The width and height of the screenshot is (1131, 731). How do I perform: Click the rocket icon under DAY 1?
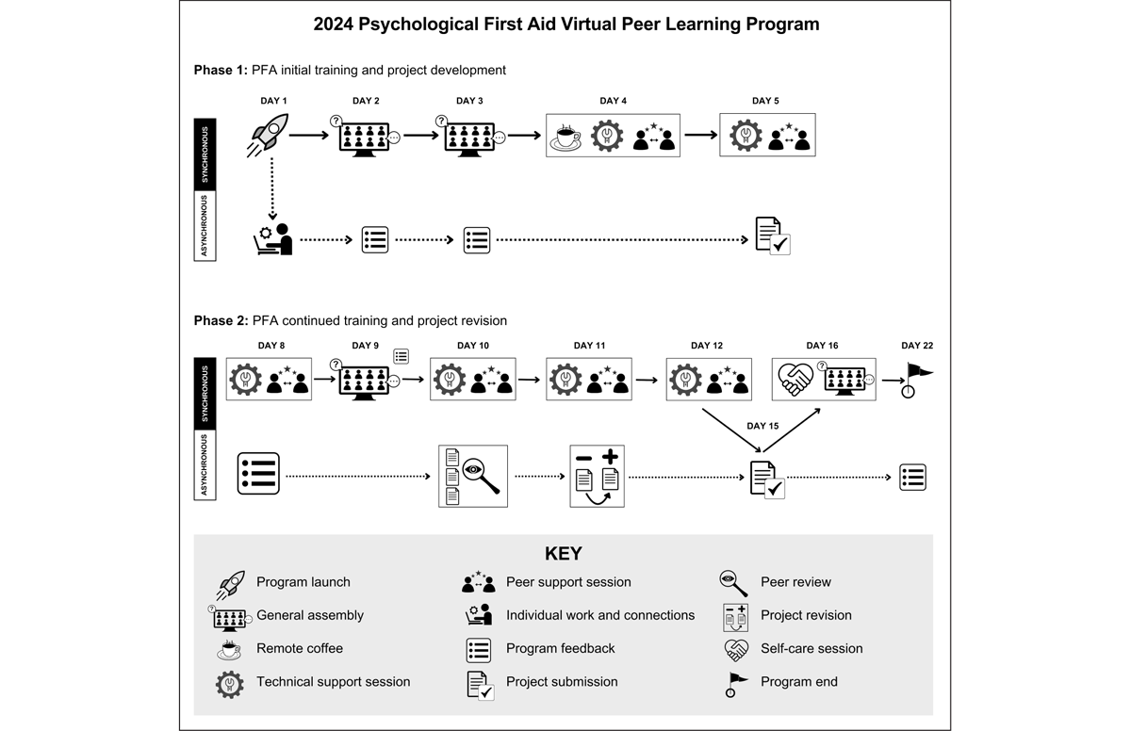(x=269, y=135)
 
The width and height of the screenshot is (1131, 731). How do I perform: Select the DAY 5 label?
(x=765, y=101)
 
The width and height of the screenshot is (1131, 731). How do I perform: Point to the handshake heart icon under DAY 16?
(x=795, y=379)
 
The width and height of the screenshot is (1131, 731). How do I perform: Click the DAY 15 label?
(x=762, y=426)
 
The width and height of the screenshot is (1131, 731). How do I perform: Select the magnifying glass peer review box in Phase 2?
(x=473, y=476)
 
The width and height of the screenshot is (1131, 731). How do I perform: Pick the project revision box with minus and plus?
(x=597, y=476)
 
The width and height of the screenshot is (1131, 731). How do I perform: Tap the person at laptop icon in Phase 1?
(x=274, y=239)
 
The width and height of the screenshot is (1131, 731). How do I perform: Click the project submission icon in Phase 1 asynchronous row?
(x=772, y=236)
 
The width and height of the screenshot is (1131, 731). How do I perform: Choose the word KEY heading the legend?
(x=564, y=554)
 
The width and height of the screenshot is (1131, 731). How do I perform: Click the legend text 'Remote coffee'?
(x=300, y=648)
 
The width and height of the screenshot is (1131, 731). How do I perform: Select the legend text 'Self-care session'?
(x=811, y=648)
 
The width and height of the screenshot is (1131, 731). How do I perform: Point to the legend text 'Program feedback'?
(x=560, y=648)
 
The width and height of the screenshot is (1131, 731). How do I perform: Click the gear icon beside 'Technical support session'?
(x=230, y=683)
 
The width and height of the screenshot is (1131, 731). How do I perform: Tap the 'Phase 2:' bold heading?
(x=221, y=320)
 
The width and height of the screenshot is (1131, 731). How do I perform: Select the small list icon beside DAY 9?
(x=402, y=356)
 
